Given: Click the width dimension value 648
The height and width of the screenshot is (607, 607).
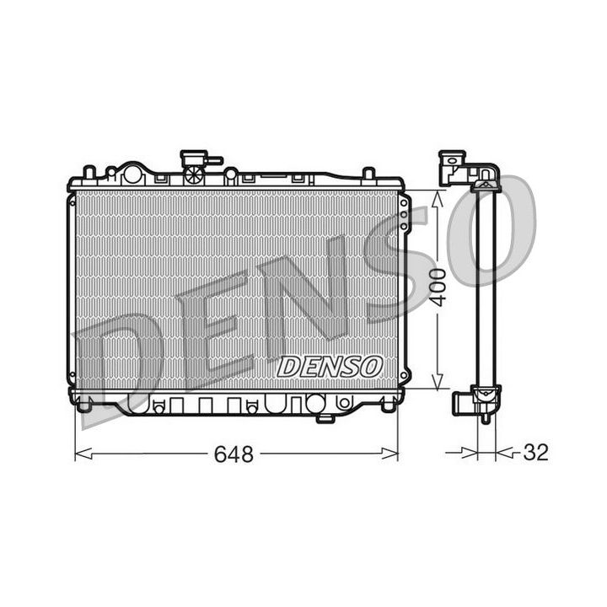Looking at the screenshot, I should point(234,454).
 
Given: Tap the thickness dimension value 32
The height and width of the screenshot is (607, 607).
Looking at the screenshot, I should point(536,453).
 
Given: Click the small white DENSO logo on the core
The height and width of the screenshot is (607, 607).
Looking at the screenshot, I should point(330,366).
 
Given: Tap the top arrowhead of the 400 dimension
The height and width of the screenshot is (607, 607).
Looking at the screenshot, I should point(436,196).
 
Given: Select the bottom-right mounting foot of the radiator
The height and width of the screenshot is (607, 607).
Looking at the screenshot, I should point(386,406).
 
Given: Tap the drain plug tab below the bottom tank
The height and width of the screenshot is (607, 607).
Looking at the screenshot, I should point(325,417).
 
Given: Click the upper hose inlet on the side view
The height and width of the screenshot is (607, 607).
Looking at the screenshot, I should point(453,165).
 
